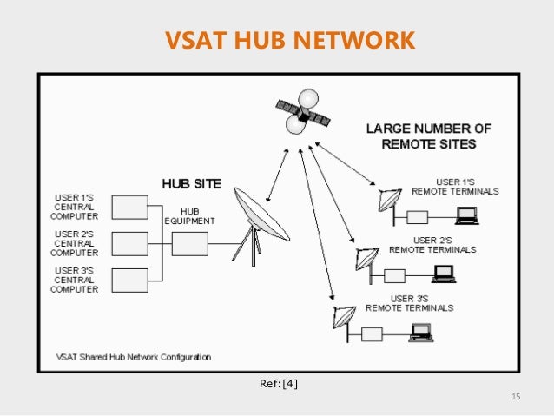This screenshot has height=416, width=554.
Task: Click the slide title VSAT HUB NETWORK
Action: click(278, 40)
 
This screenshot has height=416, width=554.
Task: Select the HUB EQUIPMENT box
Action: click(189, 244)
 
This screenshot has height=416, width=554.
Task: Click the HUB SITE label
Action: click(191, 184)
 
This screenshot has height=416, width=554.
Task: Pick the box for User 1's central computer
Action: click(131, 207)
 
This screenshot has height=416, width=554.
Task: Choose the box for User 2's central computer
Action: click(131, 244)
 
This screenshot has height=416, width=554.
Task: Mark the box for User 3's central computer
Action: click(131, 281)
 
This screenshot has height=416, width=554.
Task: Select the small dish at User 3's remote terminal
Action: click(341, 320)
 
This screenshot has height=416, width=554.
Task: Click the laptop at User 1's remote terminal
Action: click(468, 214)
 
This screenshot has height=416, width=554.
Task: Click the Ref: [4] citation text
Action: click(278, 383)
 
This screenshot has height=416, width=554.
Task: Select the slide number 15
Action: click(515, 398)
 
